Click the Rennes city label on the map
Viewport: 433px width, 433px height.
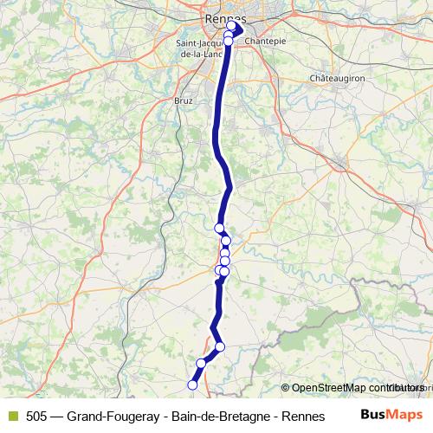[226, 19]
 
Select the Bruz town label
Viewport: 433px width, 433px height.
[184, 100]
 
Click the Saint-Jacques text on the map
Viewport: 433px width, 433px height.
[203, 42]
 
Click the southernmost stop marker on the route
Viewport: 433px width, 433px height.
[193, 385]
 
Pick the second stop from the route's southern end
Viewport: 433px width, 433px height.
[201, 364]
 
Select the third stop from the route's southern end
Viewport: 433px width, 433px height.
[220, 347]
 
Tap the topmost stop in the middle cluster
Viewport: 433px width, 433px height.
[219, 228]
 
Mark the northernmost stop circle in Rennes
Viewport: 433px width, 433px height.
[231, 27]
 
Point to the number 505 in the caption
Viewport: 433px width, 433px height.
[37, 416]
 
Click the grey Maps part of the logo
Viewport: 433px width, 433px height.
[405, 414]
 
